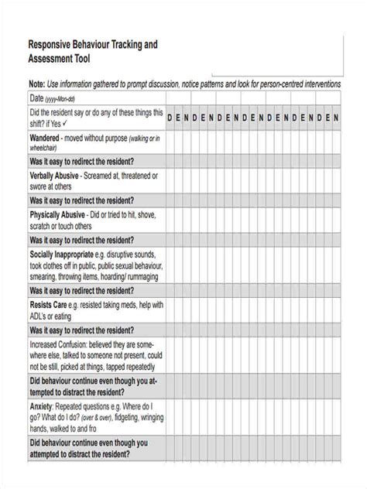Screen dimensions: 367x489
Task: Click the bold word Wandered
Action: point(48,137)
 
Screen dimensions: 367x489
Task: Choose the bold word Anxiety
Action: point(42,405)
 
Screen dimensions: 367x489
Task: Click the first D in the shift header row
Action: point(170,117)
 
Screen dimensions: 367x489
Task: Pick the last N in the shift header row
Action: point(336,117)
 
